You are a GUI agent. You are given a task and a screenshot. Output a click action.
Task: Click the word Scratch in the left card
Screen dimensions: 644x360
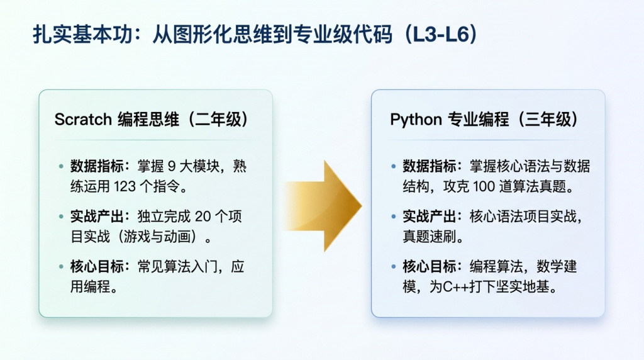click(x=83, y=120)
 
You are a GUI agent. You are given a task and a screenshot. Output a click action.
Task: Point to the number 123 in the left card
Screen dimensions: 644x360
click(x=125, y=186)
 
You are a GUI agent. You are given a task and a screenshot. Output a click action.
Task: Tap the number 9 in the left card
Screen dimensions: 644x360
click(x=172, y=166)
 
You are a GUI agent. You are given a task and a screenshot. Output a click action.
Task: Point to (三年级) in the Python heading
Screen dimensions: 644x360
click(x=548, y=120)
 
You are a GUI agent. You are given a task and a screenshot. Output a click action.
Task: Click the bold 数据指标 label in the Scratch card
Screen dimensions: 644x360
click(x=97, y=166)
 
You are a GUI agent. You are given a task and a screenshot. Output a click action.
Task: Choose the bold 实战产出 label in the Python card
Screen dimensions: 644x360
click(x=429, y=216)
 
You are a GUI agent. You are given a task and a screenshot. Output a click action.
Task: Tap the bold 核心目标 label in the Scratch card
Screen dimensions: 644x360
click(x=97, y=267)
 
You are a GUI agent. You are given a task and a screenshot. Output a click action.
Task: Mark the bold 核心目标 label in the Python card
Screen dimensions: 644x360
click(x=429, y=267)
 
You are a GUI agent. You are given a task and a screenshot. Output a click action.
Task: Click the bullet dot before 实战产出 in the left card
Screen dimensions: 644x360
click(x=61, y=217)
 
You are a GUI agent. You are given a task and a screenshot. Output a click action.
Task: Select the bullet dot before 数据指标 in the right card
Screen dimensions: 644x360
click(x=394, y=166)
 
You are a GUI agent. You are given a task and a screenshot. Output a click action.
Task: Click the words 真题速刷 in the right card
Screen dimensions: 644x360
click(x=429, y=237)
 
